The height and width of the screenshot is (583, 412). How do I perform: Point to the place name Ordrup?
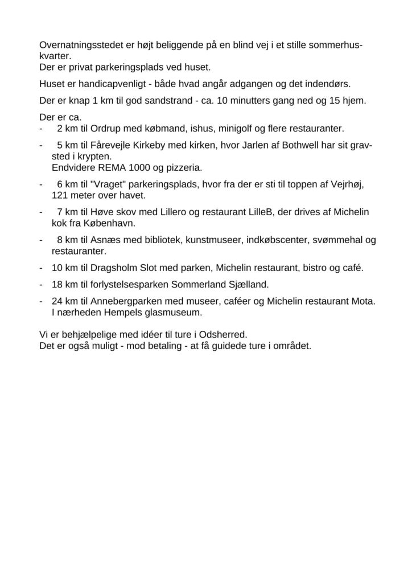click(x=106, y=128)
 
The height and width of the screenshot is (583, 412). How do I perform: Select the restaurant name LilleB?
click(x=258, y=212)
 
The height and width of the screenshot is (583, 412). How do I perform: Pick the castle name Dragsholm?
click(x=117, y=268)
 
